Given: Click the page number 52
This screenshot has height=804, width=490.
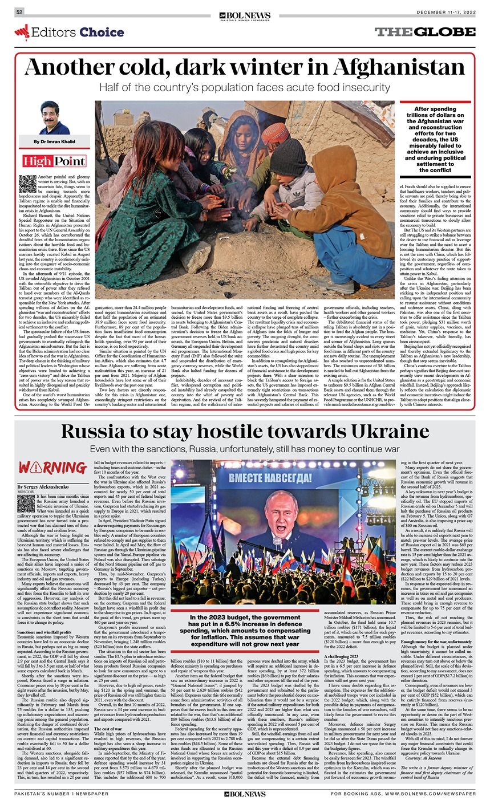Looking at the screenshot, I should click(x=19, y=12).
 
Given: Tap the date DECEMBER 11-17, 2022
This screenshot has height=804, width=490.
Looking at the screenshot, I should click(x=446, y=12).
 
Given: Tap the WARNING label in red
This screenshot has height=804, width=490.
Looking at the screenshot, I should click(x=44, y=468).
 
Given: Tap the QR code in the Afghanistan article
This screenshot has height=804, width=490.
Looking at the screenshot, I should click(x=27, y=183).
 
